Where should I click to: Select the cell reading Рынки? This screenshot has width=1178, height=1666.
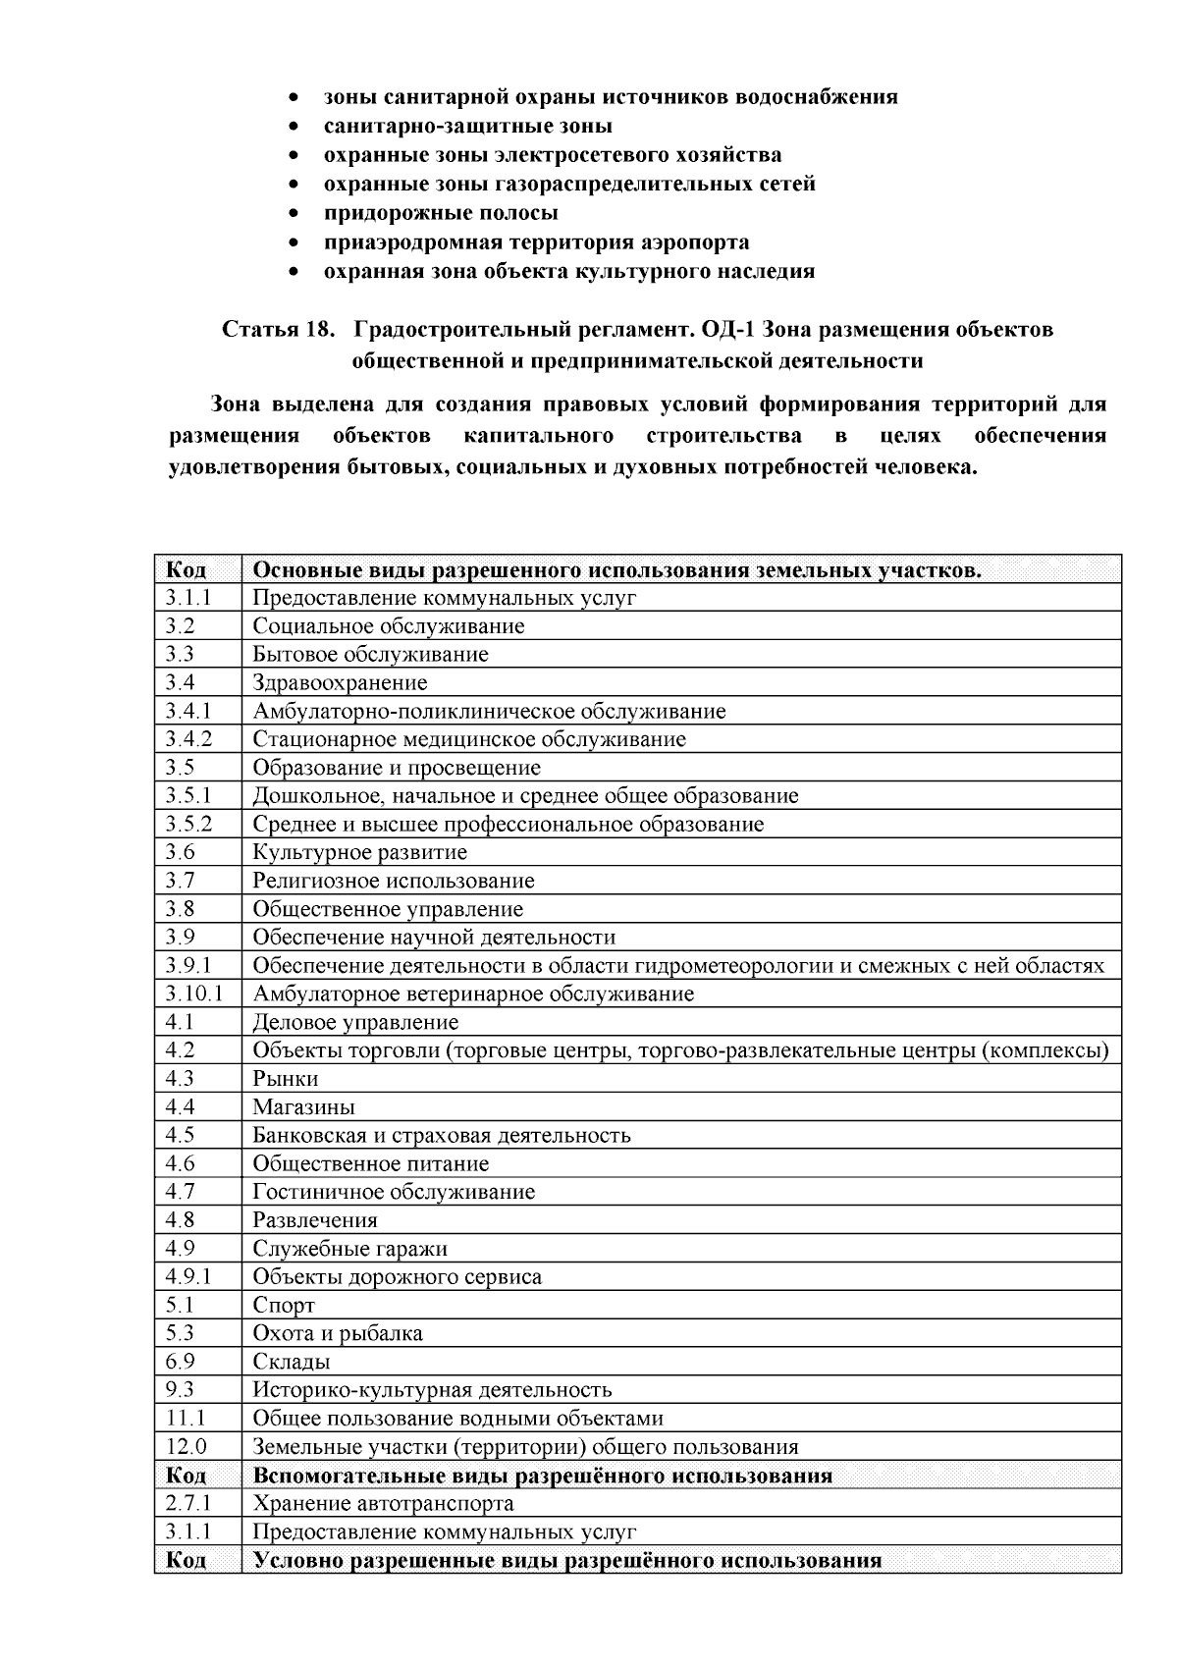[x=286, y=1078]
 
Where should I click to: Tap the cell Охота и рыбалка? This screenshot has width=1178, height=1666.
[x=338, y=1333]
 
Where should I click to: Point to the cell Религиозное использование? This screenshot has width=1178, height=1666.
[x=393, y=881]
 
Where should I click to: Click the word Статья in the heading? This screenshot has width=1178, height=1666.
[x=256, y=329]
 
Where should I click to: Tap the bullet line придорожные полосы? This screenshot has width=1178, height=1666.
[x=441, y=213]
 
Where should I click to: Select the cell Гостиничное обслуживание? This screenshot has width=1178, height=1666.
[x=394, y=1192]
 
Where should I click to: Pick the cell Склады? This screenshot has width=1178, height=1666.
[x=292, y=1362]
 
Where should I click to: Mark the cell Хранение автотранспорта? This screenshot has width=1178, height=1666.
[x=383, y=1503]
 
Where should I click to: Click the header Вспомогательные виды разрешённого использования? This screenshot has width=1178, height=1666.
[x=542, y=1476]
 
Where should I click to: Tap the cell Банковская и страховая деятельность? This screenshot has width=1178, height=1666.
[x=442, y=1135]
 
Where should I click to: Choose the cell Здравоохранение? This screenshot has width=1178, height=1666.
[x=340, y=682]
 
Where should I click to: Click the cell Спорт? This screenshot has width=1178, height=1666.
[x=284, y=1305]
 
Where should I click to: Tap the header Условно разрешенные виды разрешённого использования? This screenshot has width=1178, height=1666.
[x=566, y=1560]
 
